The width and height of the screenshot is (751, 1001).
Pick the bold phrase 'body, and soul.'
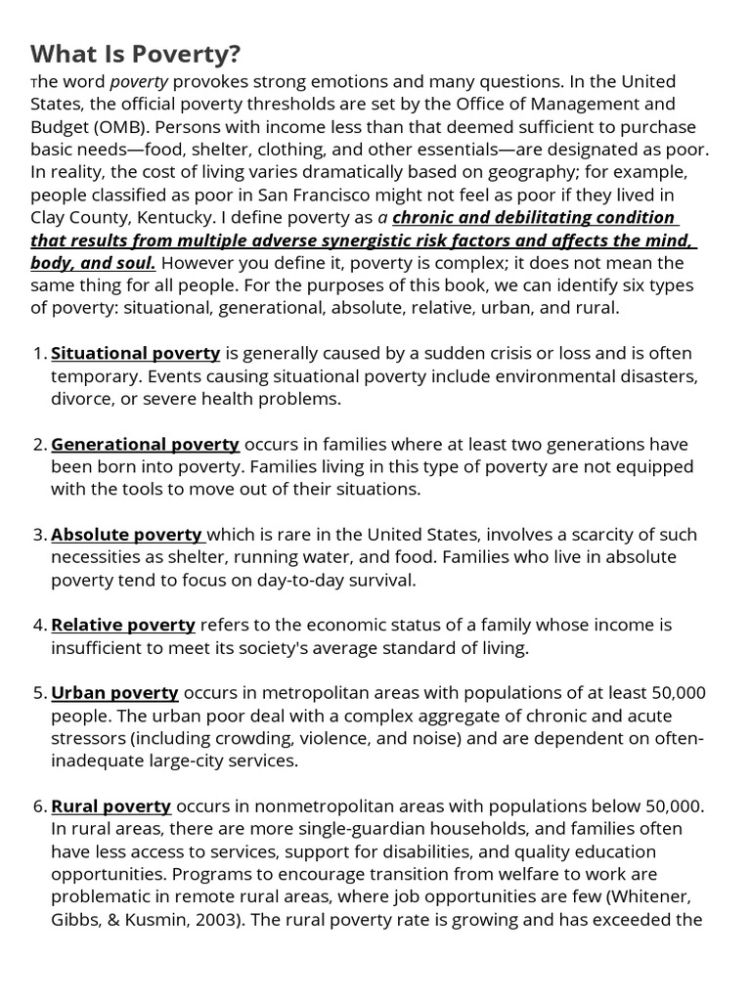pyautogui.click(x=93, y=262)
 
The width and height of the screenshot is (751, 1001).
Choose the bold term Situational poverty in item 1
pyautogui.click(x=135, y=353)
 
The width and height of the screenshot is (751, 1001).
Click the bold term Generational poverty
pyautogui.click(x=145, y=444)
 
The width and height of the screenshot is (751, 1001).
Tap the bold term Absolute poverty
pyautogui.click(x=126, y=534)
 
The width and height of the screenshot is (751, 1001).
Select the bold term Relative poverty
pyautogui.click(x=123, y=625)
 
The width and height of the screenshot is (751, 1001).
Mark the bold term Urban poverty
pyautogui.click(x=114, y=692)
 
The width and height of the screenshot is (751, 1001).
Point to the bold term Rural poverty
pyautogui.click(x=110, y=805)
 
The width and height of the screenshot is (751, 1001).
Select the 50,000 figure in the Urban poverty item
pyautogui.click(x=678, y=692)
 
